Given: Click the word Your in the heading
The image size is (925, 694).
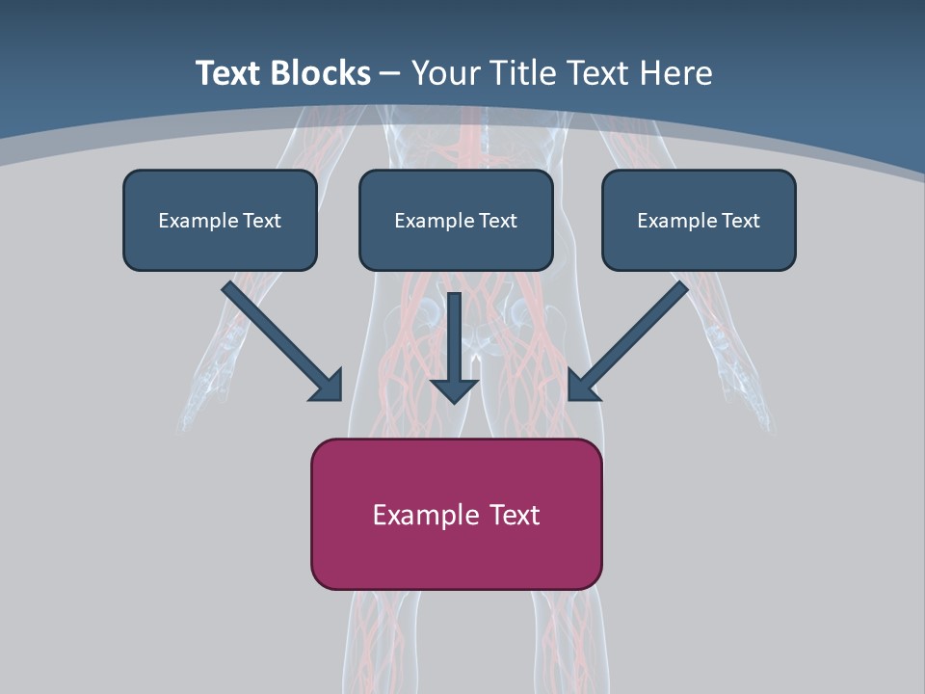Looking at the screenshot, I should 447,73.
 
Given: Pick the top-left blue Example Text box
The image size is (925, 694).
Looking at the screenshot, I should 220,220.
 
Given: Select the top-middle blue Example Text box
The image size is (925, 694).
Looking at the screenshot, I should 456,220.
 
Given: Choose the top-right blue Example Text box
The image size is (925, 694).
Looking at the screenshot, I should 699,220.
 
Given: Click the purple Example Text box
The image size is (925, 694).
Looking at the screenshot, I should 456,514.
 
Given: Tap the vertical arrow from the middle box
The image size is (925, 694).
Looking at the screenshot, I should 455,337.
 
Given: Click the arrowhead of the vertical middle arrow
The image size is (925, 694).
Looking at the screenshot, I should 455,389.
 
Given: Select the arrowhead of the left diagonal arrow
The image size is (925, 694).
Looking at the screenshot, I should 329,386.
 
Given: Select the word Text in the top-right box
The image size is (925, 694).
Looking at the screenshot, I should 740,221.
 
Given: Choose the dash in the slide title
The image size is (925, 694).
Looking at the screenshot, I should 390,73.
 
